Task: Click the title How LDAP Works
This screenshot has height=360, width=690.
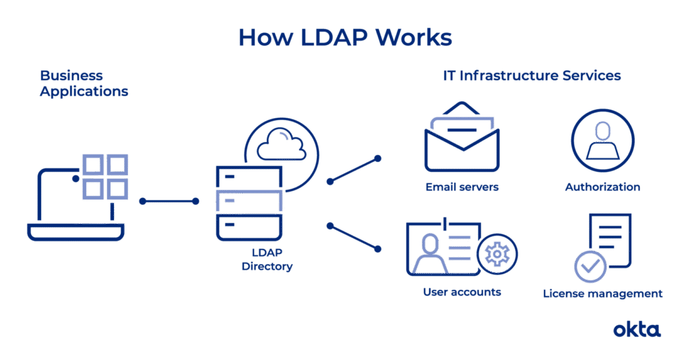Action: pos(345,37)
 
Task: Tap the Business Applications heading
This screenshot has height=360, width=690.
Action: pos(84,83)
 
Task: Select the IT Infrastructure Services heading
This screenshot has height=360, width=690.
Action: pos(532,76)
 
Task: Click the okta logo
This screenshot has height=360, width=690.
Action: pos(637,330)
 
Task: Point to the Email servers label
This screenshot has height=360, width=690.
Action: pos(462,187)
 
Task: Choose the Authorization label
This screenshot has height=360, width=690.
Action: pos(602,187)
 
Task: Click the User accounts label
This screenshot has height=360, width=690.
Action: pos(462,292)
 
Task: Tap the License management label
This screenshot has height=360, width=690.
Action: pos(602,293)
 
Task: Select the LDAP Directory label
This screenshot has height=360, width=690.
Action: pos(267,260)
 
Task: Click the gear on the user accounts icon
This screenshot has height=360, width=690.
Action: pos(497,254)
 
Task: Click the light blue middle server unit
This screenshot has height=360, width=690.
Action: pos(249,201)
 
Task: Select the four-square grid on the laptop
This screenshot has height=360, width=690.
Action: pos(105,177)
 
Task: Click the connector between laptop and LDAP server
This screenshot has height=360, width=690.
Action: pos(169,201)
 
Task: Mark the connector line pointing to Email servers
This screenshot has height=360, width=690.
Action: pos(354,170)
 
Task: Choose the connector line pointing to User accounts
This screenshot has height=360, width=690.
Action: pos(354,238)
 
